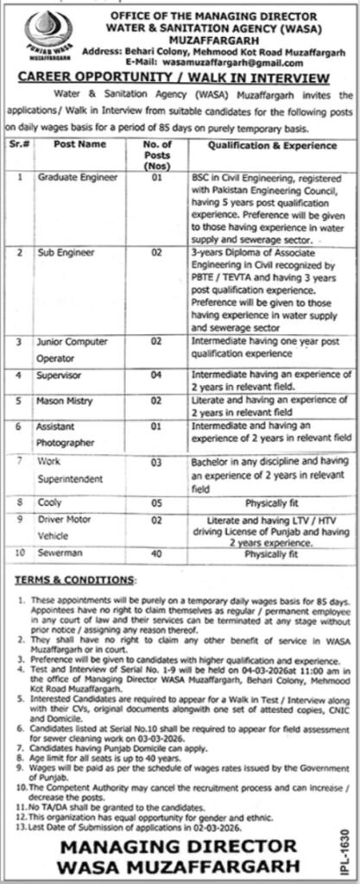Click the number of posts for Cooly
(156, 502)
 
